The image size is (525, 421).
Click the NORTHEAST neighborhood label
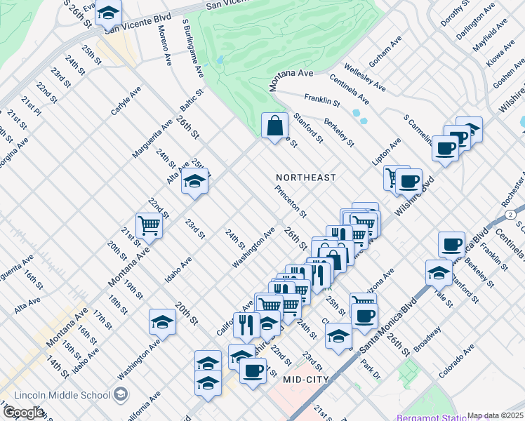(305, 178)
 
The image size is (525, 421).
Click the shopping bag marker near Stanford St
(274, 126)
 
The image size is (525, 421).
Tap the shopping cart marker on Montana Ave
(149, 225)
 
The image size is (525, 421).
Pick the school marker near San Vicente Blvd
(108, 12)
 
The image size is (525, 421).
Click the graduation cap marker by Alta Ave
(194, 182)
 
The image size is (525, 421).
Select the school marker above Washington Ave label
(162, 321)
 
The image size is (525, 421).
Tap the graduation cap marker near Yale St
(439, 272)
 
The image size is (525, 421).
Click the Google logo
(23, 413)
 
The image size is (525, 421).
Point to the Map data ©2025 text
(496, 415)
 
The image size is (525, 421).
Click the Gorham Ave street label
(383, 61)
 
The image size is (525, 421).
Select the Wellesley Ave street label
(364, 81)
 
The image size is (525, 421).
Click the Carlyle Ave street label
(126, 101)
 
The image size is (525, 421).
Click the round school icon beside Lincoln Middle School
(120, 394)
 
